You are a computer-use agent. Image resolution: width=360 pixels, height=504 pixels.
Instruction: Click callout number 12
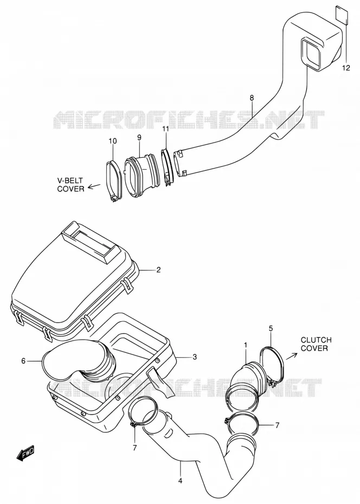345,68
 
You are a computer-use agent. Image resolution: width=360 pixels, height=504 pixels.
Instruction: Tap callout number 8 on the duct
252,97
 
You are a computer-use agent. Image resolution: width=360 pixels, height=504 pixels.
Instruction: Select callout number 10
113,141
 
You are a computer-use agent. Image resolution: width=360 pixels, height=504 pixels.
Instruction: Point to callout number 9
139,137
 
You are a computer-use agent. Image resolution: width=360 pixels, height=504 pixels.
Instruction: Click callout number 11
165,129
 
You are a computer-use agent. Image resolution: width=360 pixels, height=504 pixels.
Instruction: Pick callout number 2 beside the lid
158,270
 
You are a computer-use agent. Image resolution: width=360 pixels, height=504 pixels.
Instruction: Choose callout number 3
195,357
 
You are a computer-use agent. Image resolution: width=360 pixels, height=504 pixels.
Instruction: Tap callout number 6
23,361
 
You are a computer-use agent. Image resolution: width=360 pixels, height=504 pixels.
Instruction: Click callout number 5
271,328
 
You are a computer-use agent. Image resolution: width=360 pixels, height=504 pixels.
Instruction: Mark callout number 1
246,345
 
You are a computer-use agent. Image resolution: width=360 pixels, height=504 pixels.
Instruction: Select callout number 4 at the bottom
181,481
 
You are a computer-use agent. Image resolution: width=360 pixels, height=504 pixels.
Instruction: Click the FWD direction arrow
25,454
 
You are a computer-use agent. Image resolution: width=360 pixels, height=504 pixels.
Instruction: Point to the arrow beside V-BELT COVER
94,186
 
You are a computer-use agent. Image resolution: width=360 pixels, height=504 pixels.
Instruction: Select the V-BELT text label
70,180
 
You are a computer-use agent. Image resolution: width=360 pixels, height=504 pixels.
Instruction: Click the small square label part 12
342,15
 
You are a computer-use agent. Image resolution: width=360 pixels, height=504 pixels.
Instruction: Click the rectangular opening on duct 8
311,53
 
